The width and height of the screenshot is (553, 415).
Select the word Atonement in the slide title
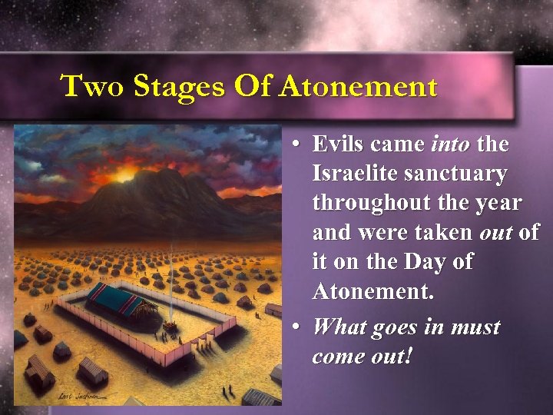point(358,86)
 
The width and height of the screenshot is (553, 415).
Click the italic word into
point(451,144)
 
